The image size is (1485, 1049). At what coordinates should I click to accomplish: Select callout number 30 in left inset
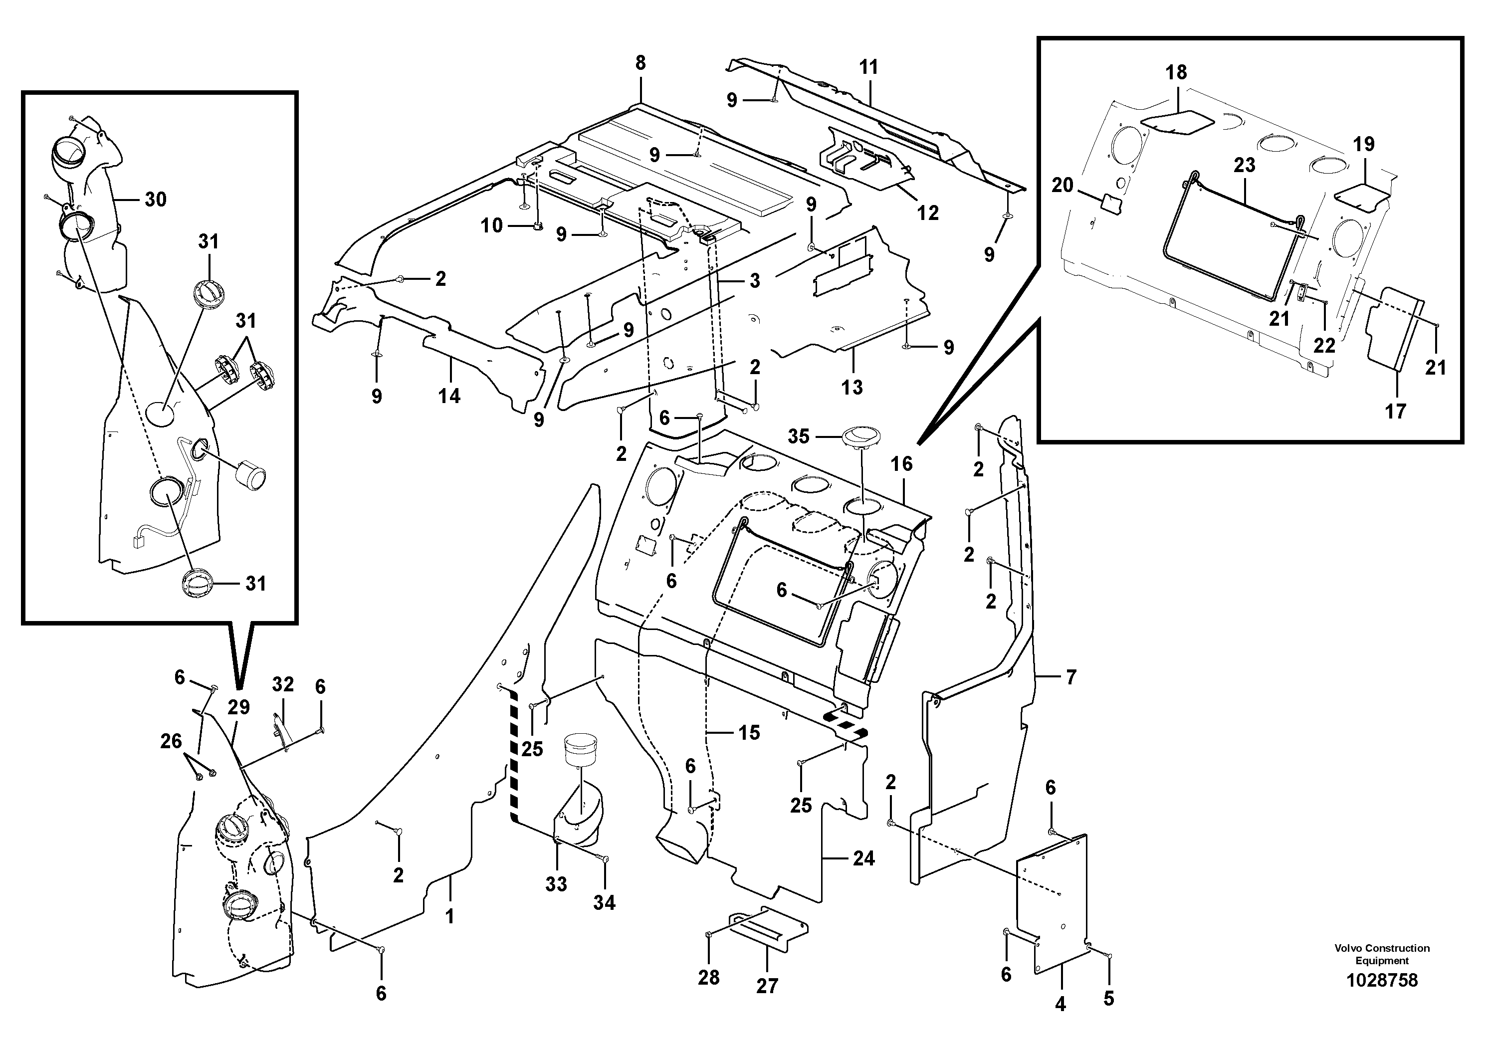point(155,200)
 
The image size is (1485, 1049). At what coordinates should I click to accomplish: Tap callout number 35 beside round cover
point(798,436)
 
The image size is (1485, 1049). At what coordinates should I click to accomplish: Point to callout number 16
point(901,464)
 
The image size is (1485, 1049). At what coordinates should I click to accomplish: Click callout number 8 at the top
point(640,63)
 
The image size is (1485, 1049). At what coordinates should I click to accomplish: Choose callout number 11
point(869,67)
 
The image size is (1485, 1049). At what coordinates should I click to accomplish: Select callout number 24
point(863,858)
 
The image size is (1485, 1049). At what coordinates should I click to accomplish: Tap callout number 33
point(556,884)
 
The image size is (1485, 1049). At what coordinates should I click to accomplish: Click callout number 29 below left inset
point(238,707)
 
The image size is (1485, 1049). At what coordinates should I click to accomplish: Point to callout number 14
point(449,396)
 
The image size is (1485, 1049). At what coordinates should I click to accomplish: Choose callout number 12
point(927,213)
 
